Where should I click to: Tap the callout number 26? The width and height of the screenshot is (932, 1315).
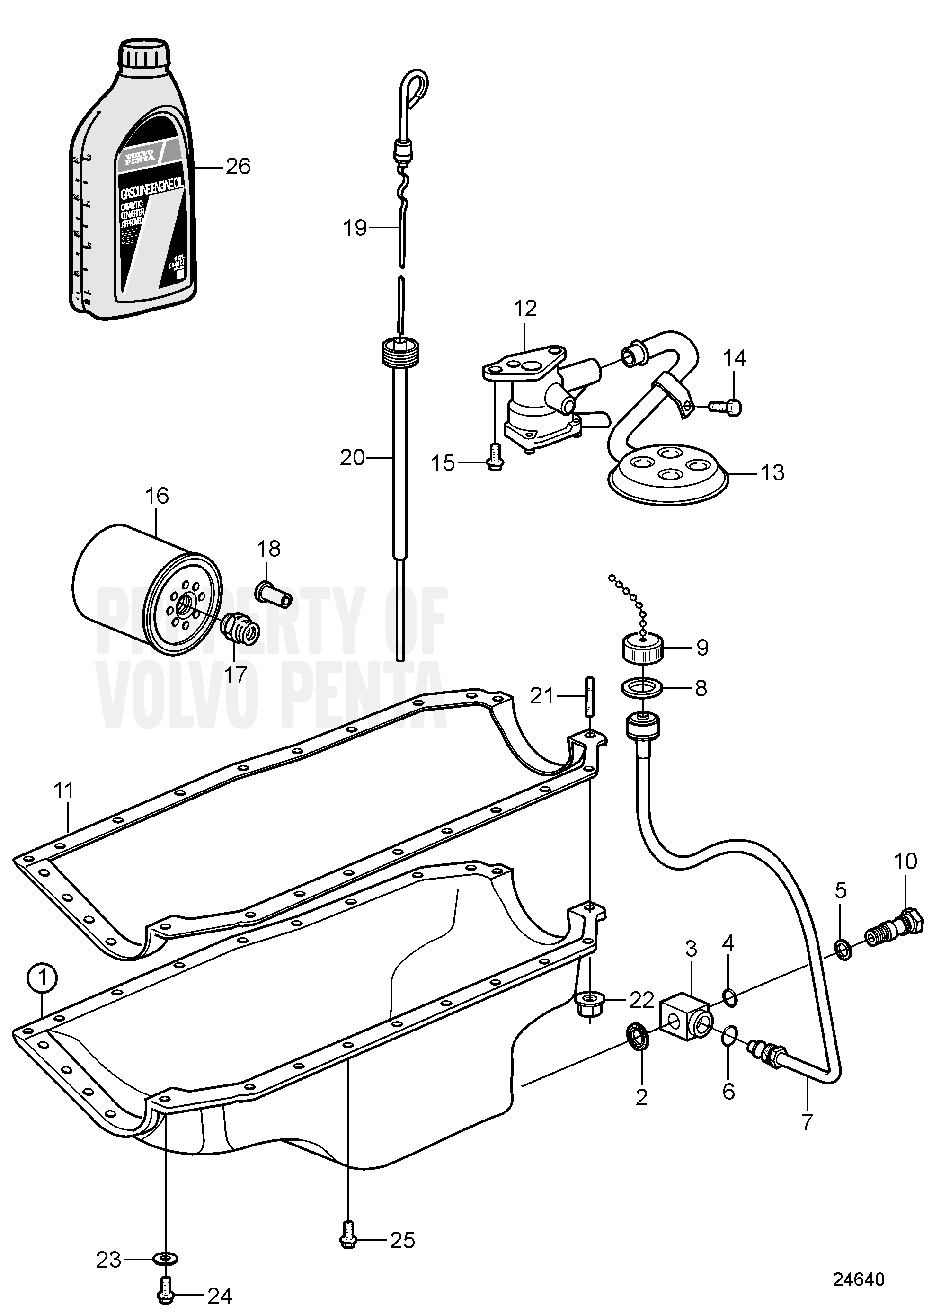(238, 167)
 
